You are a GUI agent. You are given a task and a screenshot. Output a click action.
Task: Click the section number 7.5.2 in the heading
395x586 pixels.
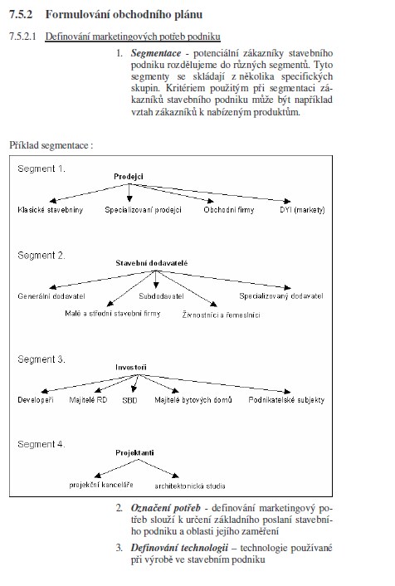click(x=21, y=15)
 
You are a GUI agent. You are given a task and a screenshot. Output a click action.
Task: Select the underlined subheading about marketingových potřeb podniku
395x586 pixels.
click(x=133, y=37)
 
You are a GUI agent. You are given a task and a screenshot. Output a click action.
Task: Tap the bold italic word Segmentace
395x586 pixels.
click(x=156, y=53)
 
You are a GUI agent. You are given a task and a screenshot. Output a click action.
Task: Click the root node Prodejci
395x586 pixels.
click(x=129, y=177)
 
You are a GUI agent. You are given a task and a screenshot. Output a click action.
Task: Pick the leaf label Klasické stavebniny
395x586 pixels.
click(x=50, y=210)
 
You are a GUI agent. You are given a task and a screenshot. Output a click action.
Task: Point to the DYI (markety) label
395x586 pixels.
click(x=302, y=210)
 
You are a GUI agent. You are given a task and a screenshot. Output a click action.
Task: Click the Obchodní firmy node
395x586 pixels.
click(x=229, y=210)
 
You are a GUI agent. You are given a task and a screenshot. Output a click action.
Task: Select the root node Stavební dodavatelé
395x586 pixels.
click(x=151, y=263)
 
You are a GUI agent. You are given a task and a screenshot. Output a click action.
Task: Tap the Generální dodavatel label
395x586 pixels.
click(x=51, y=296)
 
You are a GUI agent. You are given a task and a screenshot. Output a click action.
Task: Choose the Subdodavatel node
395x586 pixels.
click(x=162, y=296)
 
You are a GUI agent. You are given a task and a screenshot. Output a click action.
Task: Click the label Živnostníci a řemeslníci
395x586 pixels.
click(x=222, y=315)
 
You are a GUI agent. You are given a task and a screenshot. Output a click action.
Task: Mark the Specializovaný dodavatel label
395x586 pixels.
click(x=281, y=296)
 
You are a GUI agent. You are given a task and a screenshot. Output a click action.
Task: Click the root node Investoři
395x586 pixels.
click(x=131, y=368)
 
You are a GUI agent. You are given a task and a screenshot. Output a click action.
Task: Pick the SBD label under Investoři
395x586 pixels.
click(x=129, y=400)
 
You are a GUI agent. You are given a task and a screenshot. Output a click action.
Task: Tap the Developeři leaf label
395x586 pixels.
click(x=36, y=400)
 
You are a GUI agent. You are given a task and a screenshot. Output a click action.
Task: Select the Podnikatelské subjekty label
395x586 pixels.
click(x=286, y=400)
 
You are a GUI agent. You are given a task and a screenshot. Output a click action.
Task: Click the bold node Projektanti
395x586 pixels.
click(x=134, y=452)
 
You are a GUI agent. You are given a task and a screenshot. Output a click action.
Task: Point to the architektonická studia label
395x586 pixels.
click(x=190, y=486)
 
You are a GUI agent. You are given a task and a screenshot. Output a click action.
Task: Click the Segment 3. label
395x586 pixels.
click(x=41, y=359)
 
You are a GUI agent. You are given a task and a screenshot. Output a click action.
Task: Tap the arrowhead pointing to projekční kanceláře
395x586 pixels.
click(x=98, y=476)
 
